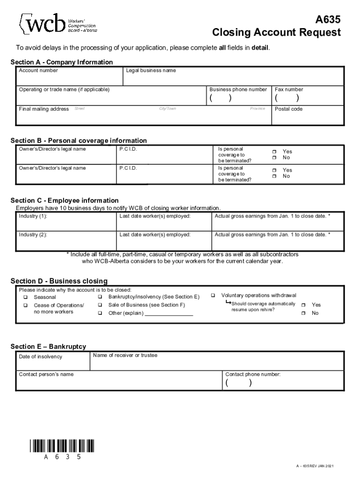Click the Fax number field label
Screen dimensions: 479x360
click(289, 89)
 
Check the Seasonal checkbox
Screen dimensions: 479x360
click(26, 298)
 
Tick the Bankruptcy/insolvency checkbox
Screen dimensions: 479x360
click(101, 297)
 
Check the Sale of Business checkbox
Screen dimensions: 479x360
click(101, 305)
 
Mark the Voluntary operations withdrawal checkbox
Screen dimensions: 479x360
click(213, 296)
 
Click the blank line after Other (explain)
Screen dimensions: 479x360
click(169, 313)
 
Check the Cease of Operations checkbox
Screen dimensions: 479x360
click(26, 305)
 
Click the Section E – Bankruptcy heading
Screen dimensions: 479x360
click(48, 347)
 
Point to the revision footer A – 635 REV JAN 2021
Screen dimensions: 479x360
click(315, 466)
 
